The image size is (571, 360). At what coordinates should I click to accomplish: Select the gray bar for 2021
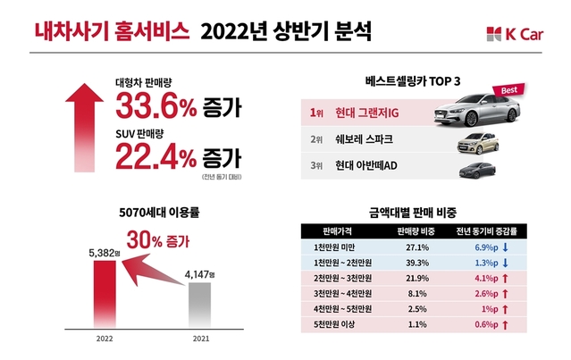(199, 305)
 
